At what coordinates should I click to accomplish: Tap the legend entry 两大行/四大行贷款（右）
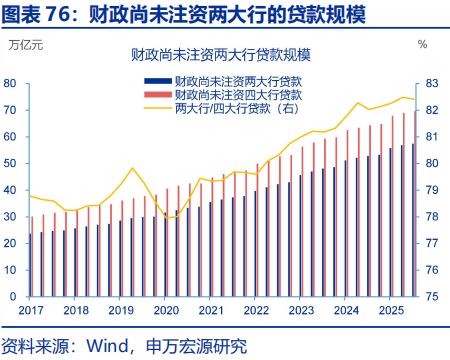pyautogui.click(x=245, y=107)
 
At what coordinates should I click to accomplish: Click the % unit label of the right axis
pyautogui.click(x=422, y=45)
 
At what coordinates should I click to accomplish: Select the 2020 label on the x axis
pyautogui.click(x=165, y=311)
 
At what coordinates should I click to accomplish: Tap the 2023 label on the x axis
pyautogui.click(x=300, y=311)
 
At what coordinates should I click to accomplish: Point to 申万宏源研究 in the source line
pyautogui.click(x=196, y=346)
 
